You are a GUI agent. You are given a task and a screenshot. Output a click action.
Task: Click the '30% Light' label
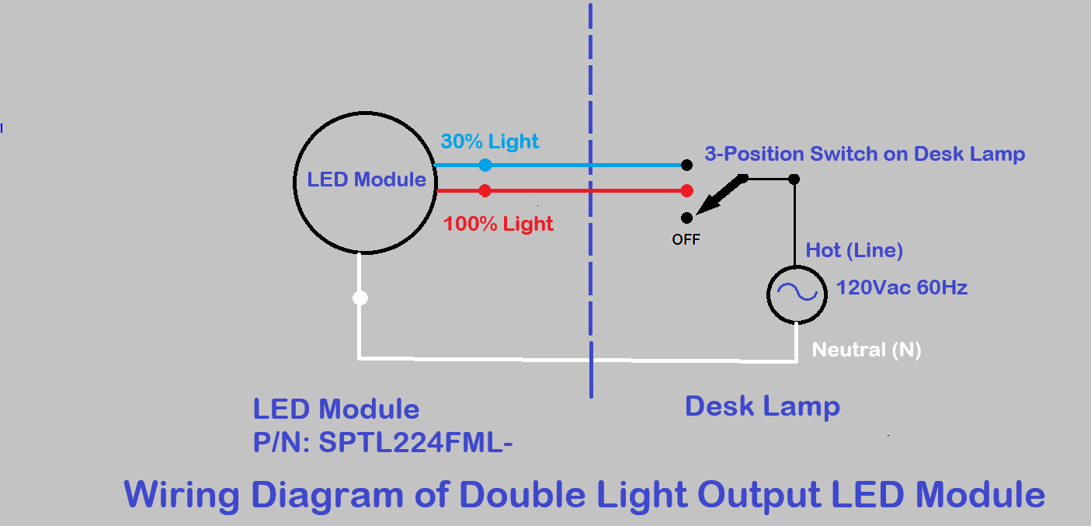tap(489, 141)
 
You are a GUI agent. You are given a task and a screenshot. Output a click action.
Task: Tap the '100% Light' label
tap(499, 224)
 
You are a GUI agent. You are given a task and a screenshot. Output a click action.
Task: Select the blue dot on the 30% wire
tap(485, 165)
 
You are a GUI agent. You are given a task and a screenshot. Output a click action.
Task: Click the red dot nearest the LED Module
tap(485, 190)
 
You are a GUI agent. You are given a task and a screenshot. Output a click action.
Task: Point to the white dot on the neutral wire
tap(360, 298)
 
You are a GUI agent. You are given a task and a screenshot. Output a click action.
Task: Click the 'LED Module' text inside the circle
tap(367, 179)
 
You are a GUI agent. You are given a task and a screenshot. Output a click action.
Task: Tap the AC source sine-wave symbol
tap(797, 291)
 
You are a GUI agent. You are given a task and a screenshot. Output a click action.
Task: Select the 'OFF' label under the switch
tap(686, 239)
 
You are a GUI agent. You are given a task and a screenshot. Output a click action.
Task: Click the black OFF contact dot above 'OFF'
tap(686, 218)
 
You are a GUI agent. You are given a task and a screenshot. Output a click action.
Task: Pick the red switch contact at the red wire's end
tap(686, 190)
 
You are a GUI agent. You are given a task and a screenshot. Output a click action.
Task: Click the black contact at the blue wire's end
tap(686, 165)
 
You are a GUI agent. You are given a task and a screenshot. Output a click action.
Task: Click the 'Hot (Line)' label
tap(854, 250)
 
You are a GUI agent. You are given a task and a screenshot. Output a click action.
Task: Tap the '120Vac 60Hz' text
tap(902, 287)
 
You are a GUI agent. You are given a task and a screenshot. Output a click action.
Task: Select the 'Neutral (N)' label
tap(867, 350)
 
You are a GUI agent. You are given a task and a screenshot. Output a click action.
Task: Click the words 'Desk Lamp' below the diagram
tap(762, 406)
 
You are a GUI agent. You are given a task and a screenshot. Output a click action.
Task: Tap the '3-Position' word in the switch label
tap(754, 154)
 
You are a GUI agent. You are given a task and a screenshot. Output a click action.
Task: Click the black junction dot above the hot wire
tap(794, 179)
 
